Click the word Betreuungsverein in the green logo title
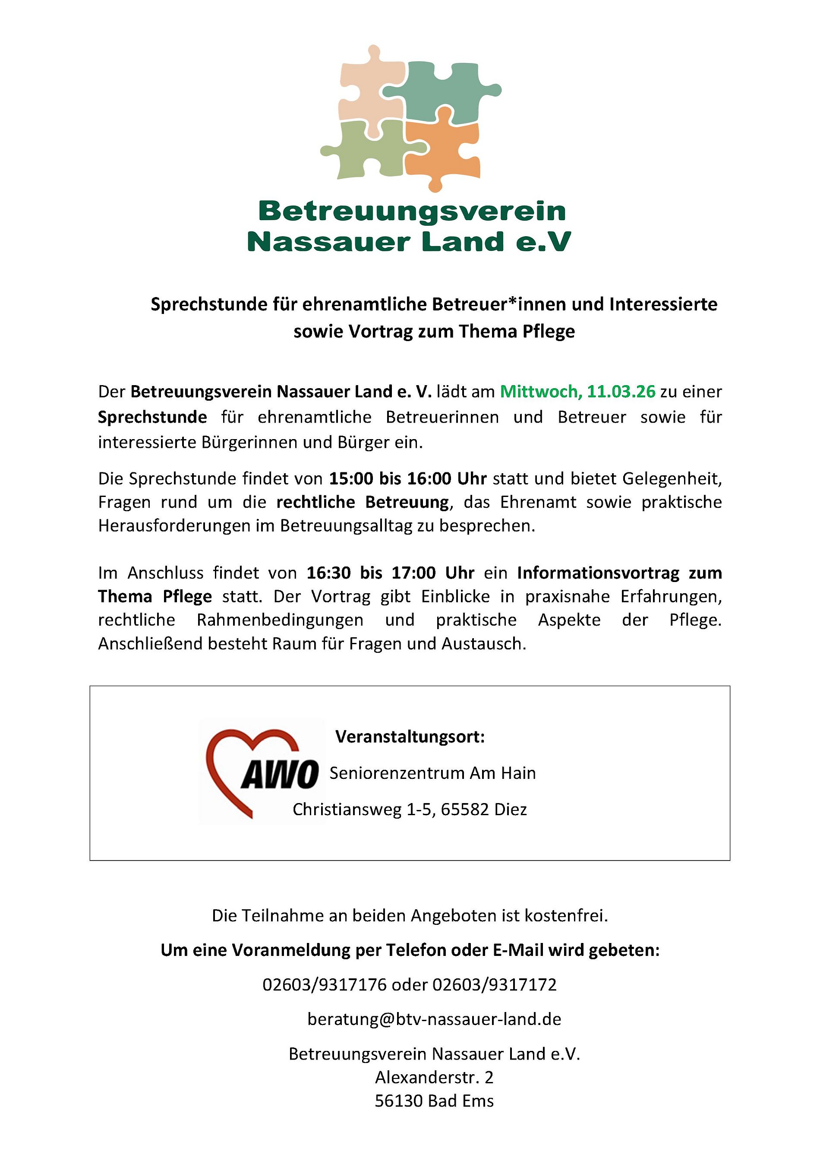tap(412, 212)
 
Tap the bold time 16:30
tap(328, 573)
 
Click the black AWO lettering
tap(280, 774)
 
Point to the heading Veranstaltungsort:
tap(410, 737)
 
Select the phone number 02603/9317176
tap(325, 984)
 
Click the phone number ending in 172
tap(495, 984)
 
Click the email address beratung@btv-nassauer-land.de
tap(434, 1019)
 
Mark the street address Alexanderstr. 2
tap(434, 1078)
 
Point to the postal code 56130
tap(399, 1101)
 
